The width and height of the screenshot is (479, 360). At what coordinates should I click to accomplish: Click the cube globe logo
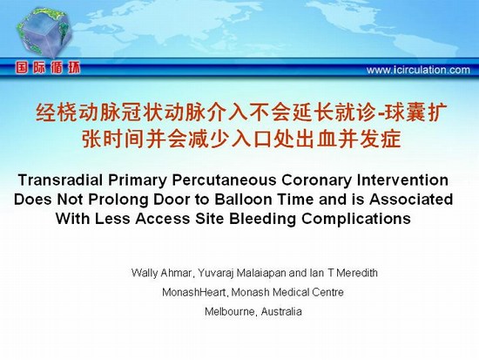pos(44,32)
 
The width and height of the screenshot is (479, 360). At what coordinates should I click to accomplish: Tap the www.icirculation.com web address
pos(418,70)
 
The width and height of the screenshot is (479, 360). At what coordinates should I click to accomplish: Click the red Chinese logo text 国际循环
pos(48,68)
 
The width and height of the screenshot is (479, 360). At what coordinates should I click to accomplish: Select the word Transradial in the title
pos(60,180)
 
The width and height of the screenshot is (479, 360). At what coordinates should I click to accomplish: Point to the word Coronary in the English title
pos(316,180)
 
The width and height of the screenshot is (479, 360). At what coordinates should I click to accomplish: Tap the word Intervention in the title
pos(402,180)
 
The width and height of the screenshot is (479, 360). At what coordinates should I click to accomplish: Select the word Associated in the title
pos(411,200)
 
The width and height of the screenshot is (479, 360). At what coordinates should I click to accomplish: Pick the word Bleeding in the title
pos(262,219)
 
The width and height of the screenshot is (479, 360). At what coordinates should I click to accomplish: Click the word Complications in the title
pos(356,219)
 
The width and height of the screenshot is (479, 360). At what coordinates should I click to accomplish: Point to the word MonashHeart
pos(195,292)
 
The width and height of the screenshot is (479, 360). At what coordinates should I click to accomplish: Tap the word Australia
pos(281,312)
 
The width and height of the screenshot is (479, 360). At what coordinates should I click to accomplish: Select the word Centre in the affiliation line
pos(327,292)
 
